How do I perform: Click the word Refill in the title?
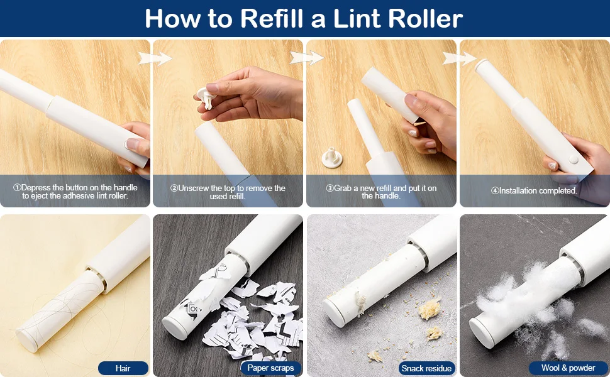pos(272,18)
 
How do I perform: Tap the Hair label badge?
pos(123,368)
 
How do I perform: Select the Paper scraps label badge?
pos(271,368)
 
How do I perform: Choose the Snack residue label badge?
pos(426,368)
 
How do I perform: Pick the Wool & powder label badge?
pos(568,368)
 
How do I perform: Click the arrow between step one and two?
pos(155,58)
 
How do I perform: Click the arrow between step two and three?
pos(306,58)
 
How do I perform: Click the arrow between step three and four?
pos(460,58)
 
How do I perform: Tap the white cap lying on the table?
pos(332,157)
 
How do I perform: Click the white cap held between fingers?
pos(206,97)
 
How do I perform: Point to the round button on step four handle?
pos(573,158)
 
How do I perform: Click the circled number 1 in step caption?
pos(17,188)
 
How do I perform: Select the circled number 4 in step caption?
pos(495,191)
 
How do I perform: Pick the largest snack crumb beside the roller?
pos(430,309)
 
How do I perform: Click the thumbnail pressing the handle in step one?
pos(133,144)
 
